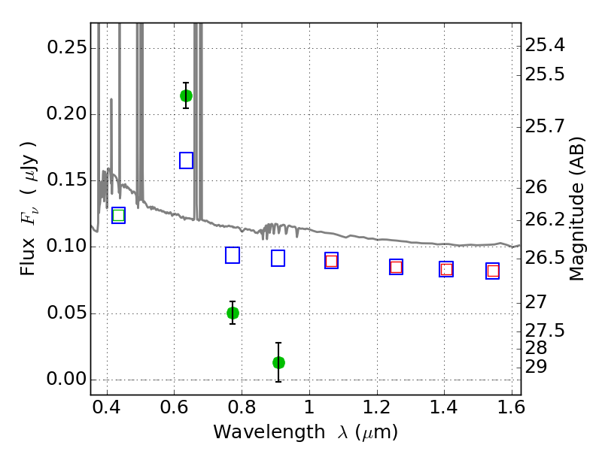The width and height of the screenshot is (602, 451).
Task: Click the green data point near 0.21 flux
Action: [186, 95]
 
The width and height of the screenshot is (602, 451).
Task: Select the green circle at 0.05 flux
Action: [233, 313]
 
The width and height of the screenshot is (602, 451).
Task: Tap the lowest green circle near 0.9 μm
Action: [278, 362]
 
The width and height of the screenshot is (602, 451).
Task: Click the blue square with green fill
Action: [118, 216]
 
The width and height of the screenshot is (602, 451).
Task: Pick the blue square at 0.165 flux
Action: [187, 160]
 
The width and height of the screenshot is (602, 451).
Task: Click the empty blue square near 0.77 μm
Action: [233, 256]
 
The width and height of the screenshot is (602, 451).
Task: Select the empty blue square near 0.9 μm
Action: [278, 259]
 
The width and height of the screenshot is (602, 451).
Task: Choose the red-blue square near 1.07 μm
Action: [331, 261]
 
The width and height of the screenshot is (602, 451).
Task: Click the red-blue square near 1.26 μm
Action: [396, 267]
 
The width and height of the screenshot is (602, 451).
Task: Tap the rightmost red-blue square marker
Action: [493, 271]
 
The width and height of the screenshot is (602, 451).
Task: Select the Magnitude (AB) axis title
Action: [577, 209]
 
